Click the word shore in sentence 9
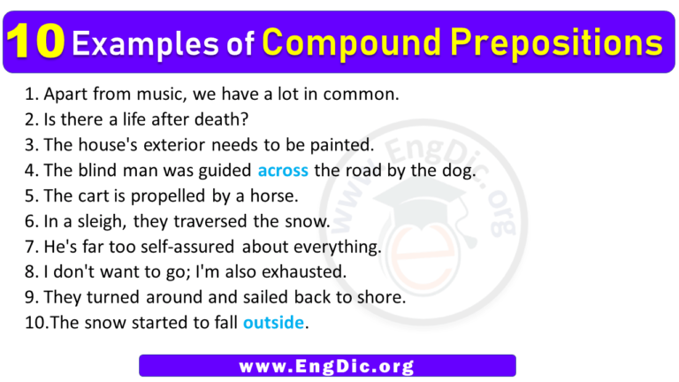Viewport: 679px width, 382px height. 383,297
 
